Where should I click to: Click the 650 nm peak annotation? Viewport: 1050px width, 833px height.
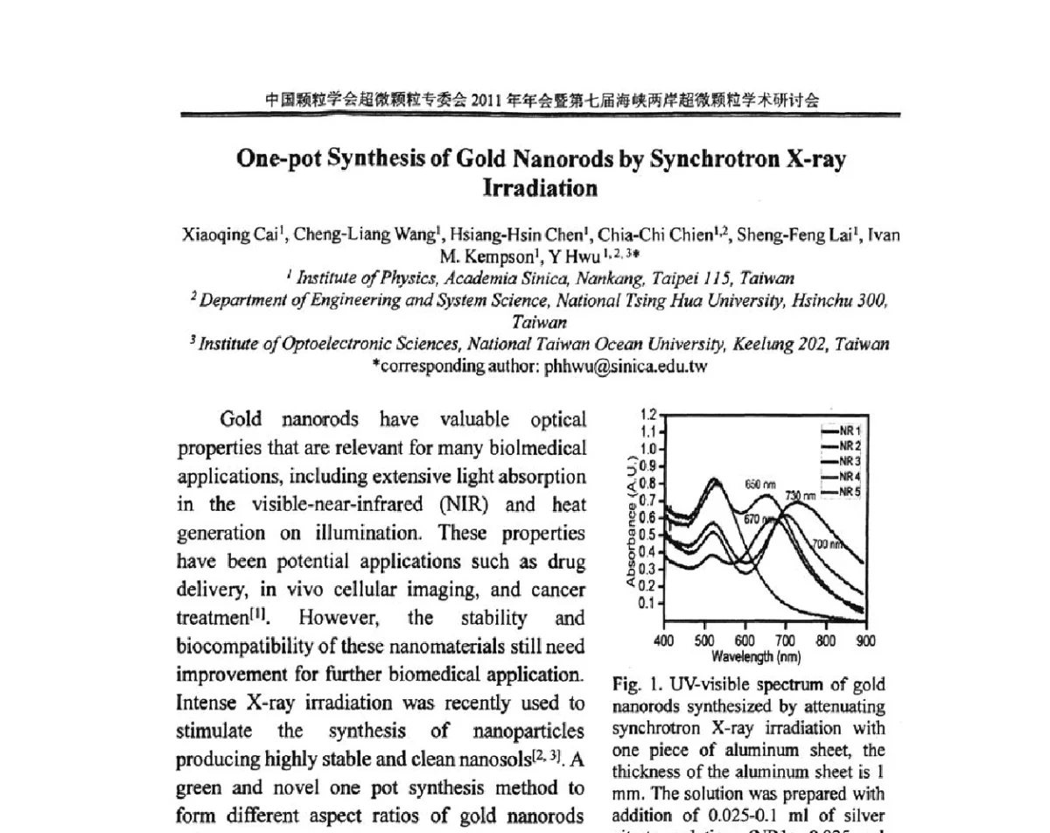pos(760,484)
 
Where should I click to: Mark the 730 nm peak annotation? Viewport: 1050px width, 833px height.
pos(800,496)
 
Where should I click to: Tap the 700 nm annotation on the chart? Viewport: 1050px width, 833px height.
pos(825,544)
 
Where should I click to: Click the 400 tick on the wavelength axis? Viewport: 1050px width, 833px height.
pos(664,640)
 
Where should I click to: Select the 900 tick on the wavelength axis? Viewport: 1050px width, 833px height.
pos(864,640)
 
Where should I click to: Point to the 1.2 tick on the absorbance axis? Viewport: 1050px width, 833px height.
pos(648,415)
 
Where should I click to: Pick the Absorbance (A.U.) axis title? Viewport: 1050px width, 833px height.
pos(631,520)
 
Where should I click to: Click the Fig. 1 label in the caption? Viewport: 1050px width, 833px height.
pos(627,685)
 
